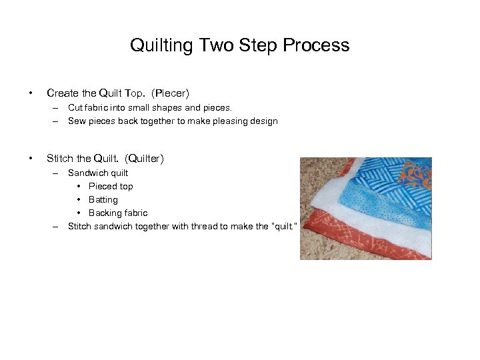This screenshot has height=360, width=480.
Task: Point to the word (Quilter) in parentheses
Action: tap(144, 159)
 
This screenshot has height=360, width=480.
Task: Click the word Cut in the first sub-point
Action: tap(75, 107)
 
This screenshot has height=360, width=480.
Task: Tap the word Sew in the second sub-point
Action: tap(77, 121)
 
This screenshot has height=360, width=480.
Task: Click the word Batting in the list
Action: tap(103, 200)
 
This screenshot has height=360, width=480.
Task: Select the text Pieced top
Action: tap(111, 187)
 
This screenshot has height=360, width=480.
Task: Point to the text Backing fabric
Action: tap(118, 213)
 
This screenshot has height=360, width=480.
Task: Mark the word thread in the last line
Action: tap(193, 227)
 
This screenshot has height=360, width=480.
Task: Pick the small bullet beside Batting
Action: tap(79, 200)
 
